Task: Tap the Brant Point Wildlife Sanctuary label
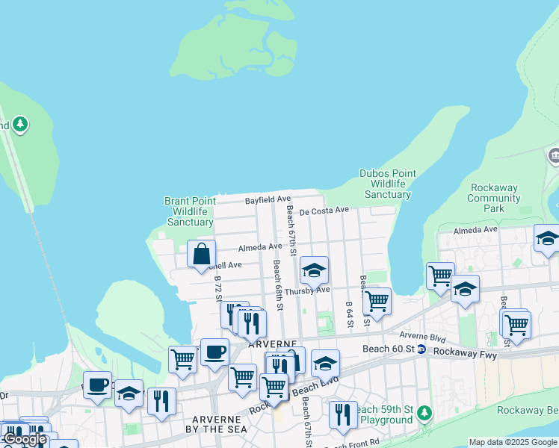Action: pyautogui.click(x=190, y=211)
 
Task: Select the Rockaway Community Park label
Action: pyautogui.click(x=493, y=198)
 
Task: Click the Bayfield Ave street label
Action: pyautogui.click(x=268, y=200)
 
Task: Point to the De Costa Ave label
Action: pyautogui.click(x=324, y=211)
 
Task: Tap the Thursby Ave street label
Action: pyautogui.click(x=306, y=290)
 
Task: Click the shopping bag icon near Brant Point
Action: pyautogui.click(x=202, y=254)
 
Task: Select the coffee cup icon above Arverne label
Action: pyautogui.click(x=214, y=352)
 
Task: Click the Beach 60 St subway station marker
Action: pyautogui.click(x=421, y=349)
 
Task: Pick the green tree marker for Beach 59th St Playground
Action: pyautogui.click(x=424, y=412)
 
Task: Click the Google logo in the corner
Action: pyautogui.click(x=25, y=439)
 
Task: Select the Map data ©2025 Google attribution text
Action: pyautogui.click(x=513, y=442)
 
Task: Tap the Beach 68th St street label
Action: pyautogui.click(x=278, y=284)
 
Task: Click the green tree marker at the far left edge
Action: pyautogui.click(x=19, y=124)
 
